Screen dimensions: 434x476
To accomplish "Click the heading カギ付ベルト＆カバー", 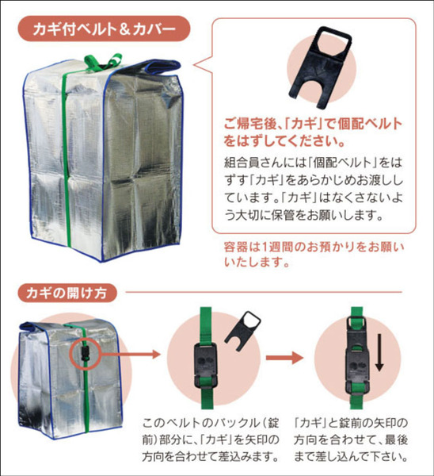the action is (x=104, y=29).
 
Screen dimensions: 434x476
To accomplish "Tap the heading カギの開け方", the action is (x=67, y=293).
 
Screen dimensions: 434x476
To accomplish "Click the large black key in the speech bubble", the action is (x=320, y=67).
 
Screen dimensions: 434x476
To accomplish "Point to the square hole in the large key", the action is (x=333, y=43).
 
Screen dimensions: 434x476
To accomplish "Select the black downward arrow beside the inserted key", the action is (x=379, y=352).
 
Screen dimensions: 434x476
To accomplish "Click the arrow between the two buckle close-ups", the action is (x=284, y=357).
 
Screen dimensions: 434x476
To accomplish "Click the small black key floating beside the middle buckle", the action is (x=242, y=330).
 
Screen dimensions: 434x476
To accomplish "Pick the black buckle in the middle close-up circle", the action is (x=206, y=366).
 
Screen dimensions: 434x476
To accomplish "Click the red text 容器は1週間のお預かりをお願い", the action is (x=314, y=247).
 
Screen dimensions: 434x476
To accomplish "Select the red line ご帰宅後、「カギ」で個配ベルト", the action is (x=313, y=124).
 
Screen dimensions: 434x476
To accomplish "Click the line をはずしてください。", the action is (x=284, y=141).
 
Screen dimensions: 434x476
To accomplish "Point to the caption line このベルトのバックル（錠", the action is (x=211, y=423).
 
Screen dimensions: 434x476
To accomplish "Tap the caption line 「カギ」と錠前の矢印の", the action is (x=351, y=423).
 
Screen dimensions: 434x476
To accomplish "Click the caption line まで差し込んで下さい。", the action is (x=351, y=457).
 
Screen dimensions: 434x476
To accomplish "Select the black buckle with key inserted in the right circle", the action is (x=358, y=355).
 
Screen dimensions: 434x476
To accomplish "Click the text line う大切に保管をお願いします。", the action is (x=304, y=215).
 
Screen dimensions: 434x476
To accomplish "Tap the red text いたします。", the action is (x=257, y=262).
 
